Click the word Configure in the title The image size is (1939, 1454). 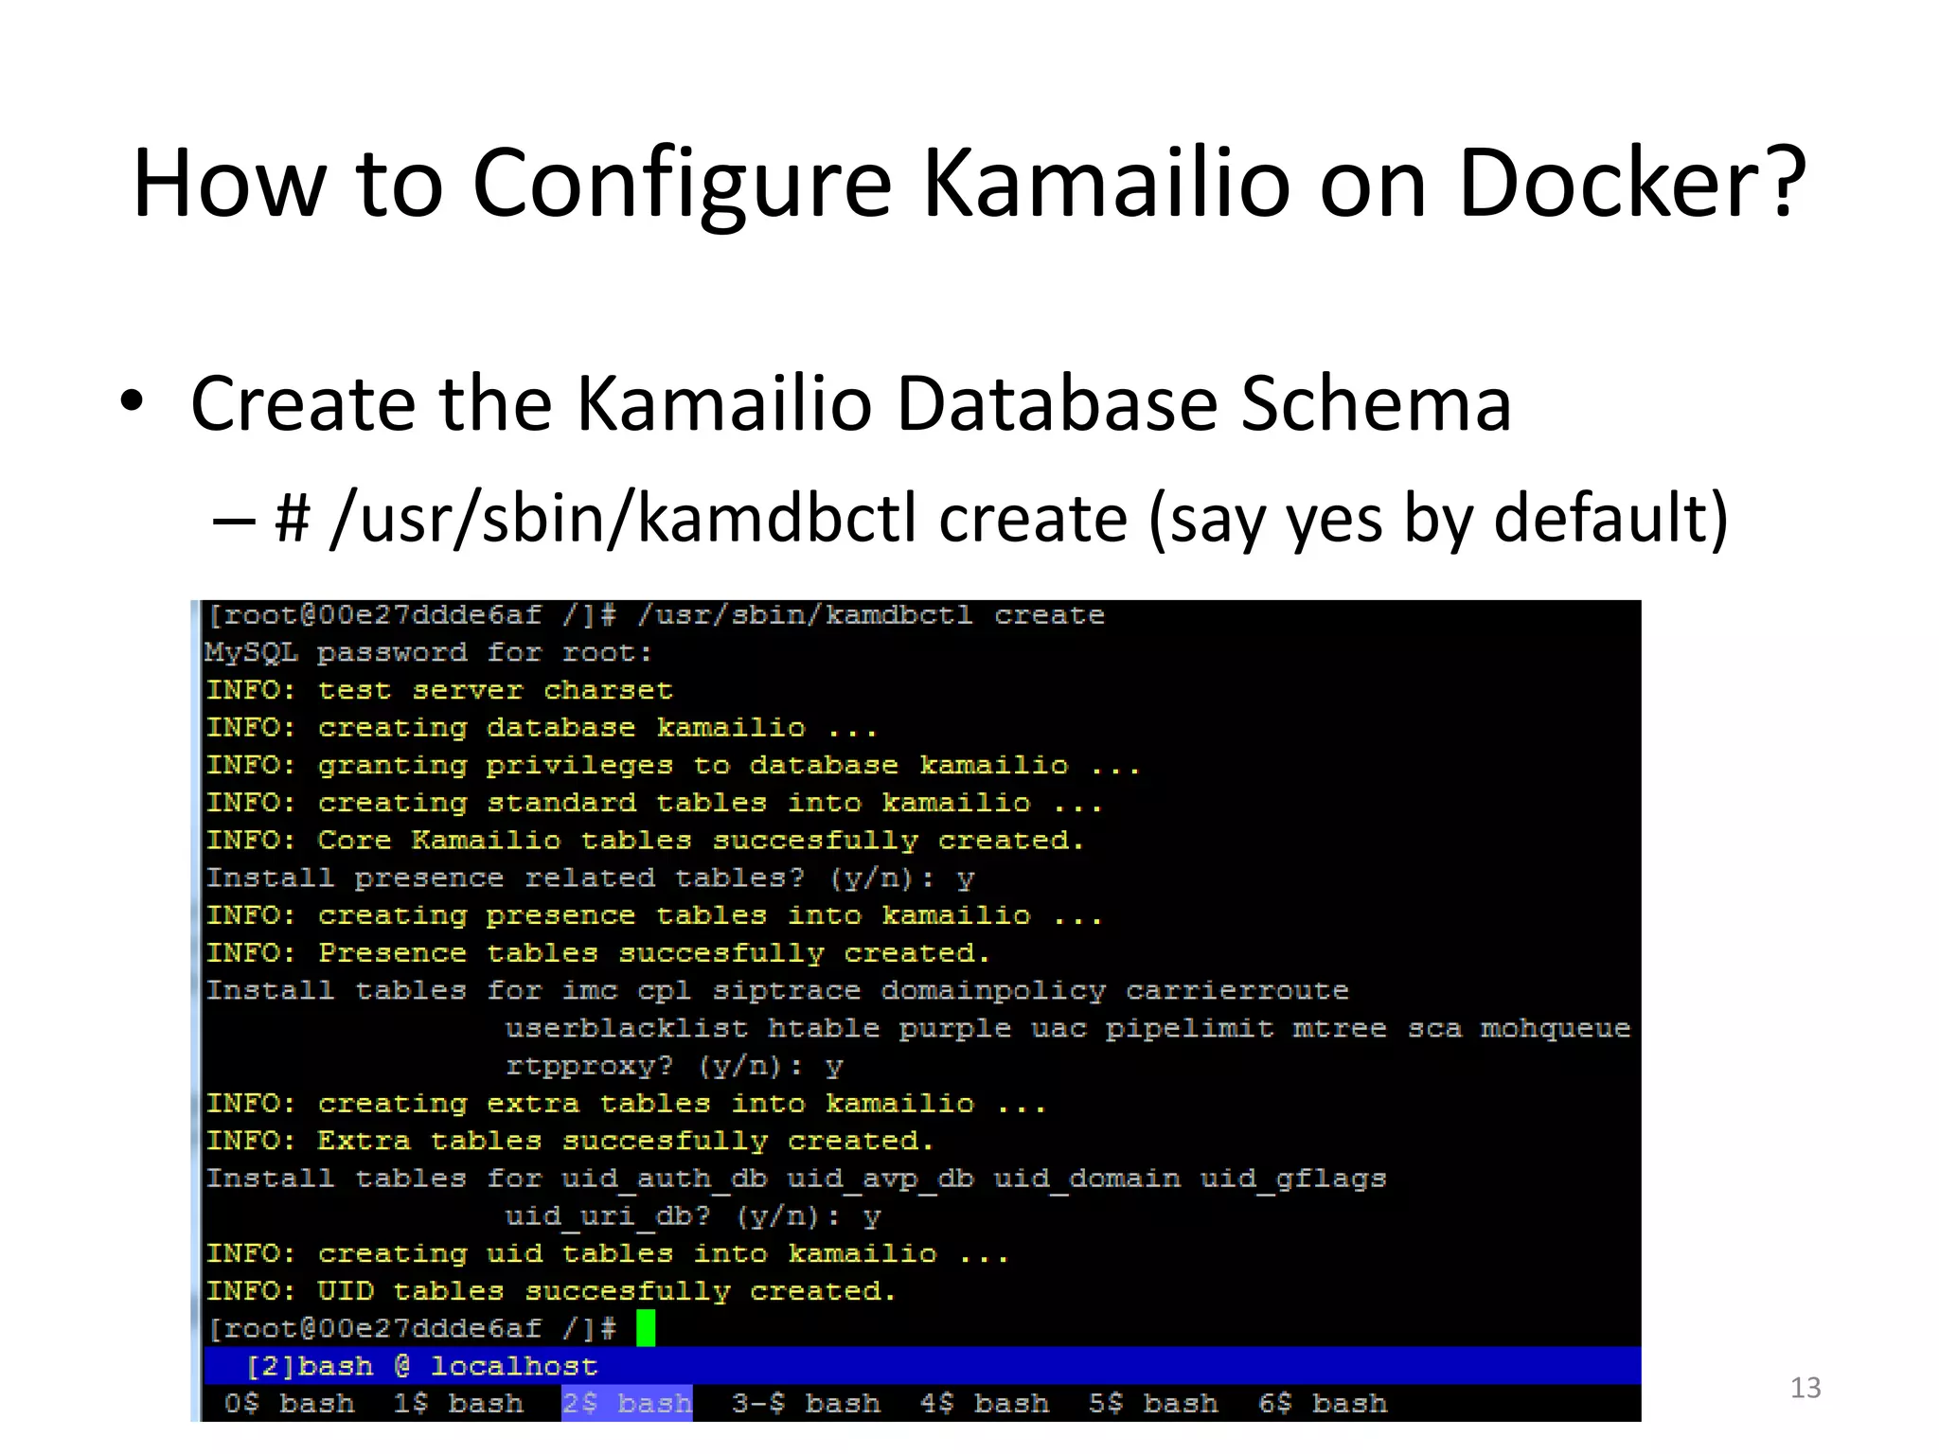[682, 185]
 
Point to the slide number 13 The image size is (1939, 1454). [1805, 1388]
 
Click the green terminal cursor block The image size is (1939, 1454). [646, 1328]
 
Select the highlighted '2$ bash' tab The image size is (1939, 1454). [627, 1403]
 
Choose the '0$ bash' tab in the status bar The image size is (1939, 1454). [289, 1403]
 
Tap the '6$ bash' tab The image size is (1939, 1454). [1322, 1403]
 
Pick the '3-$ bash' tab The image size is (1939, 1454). [805, 1403]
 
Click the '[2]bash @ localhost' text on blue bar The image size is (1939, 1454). [421, 1366]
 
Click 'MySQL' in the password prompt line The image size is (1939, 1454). [251, 652]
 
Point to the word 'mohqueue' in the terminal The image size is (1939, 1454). [1555, 1028]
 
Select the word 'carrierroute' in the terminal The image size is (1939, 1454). [1236, 991]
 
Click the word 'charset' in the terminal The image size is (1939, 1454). [608, 690]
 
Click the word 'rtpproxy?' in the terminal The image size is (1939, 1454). [589, 1067]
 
